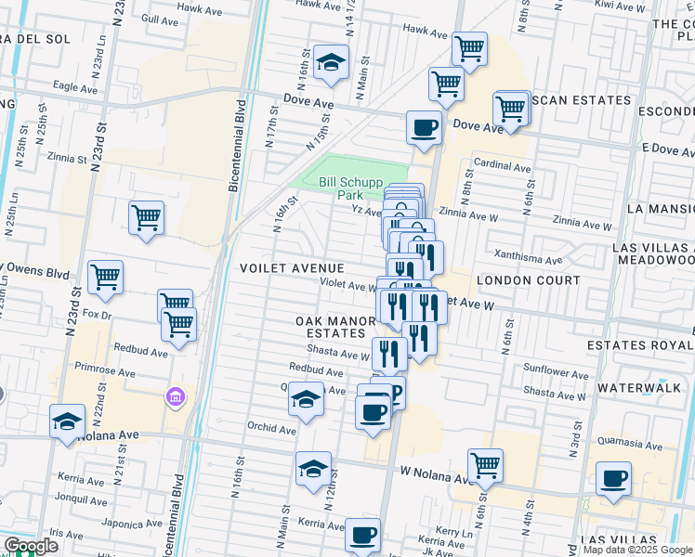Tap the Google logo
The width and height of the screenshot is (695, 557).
pyautogui.click(x=30, y=547)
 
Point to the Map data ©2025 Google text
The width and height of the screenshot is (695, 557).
pyautogui.click(x=637, y=550)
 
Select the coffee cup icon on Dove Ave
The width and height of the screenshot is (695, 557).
pyautogui.click(x=425, y=127)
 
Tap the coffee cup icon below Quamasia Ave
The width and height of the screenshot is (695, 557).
pyautogui.click(x=613, y=479)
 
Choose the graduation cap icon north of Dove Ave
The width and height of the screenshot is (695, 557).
pyautogui.click(x=329, y=61)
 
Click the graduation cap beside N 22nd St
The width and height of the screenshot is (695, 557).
pyautogui.click(x=67, y=421)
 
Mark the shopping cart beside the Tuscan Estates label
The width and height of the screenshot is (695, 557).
pyautogui.click(x=510, y=109)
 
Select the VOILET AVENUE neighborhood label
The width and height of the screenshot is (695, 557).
pyautogui.click(x=292, y=267)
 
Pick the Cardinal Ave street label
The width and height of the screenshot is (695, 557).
pyautogui.click(x=502, y=167)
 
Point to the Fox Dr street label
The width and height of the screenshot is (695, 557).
pyautogui.click(x=97, y=315)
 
